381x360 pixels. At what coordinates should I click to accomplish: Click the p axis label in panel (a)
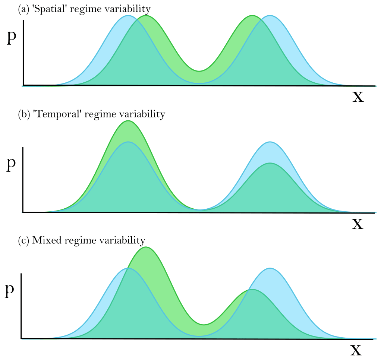click(x=12, y=38)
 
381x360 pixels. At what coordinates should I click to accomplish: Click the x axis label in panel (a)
click(x=358, y=97)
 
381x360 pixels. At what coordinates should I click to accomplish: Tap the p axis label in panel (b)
click(x=12, y=164)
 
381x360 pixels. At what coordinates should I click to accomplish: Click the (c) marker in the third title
click(x=24, y=240)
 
